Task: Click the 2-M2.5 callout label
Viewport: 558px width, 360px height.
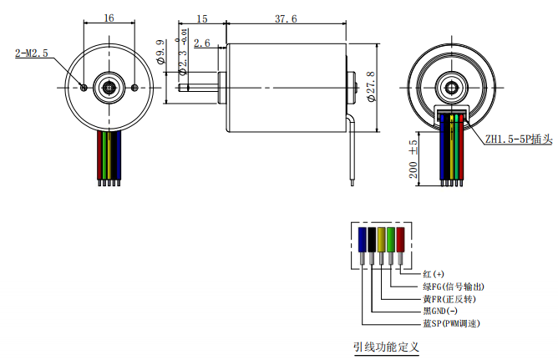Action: pos(33,53)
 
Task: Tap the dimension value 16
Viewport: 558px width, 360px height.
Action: pos(109,18)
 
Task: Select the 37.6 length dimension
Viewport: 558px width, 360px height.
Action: pos(285,18)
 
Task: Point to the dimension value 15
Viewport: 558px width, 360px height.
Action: pos(201,18)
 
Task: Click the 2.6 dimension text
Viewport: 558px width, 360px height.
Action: pos(201,43)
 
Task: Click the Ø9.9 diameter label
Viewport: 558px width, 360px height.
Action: pos(160,53)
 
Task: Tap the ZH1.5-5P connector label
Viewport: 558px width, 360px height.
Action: pos(519,140)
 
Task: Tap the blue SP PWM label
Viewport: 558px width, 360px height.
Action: pos(451,323)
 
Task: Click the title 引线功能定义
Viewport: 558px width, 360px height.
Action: pos(385,346)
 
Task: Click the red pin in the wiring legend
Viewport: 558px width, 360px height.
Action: pos(400,241)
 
